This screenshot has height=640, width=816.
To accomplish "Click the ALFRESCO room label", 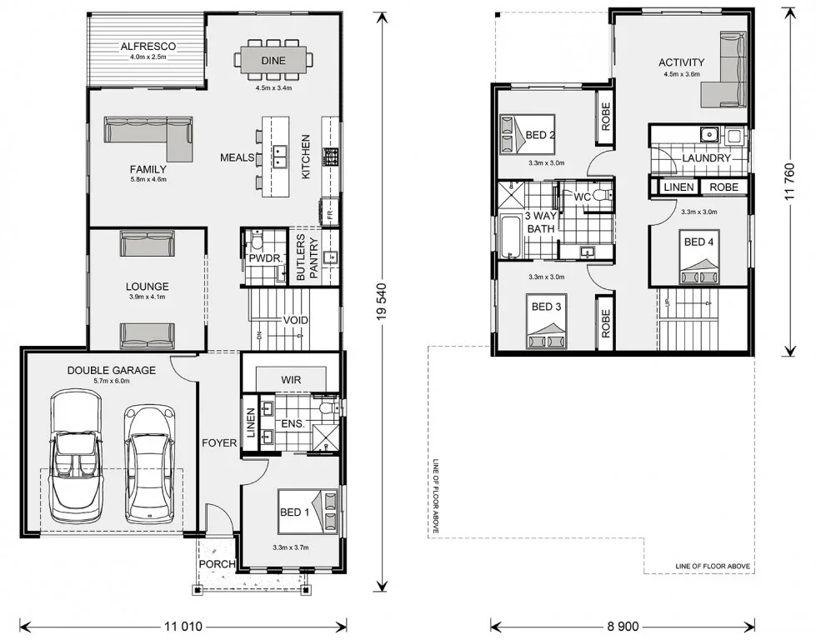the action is [148, 47].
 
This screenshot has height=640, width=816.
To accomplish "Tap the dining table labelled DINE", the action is [273, 60].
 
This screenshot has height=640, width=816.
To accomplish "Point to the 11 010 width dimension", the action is [183, 626].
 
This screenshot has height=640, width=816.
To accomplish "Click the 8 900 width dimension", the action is [623, 626].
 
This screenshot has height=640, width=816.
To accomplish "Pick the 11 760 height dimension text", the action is [790, 182].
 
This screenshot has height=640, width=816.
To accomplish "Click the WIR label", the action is [291, 380].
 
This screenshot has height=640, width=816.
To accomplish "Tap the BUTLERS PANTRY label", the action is [307, 257].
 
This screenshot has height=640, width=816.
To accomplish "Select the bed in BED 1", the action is [308, 512].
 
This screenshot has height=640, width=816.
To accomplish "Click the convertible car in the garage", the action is [76, 457].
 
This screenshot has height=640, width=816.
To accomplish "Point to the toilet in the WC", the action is [603, 196].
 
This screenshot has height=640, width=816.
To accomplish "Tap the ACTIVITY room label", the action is [681, 62].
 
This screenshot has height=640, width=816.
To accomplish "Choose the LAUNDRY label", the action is [706, 157].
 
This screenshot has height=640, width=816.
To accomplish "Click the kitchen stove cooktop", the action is [330, 157].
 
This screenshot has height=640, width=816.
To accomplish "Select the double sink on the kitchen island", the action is [280, 156].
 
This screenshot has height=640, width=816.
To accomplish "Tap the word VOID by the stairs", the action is [295, 320].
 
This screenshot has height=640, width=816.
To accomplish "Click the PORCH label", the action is [217, 563].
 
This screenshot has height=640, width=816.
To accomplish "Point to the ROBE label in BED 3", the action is [605, 323].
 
